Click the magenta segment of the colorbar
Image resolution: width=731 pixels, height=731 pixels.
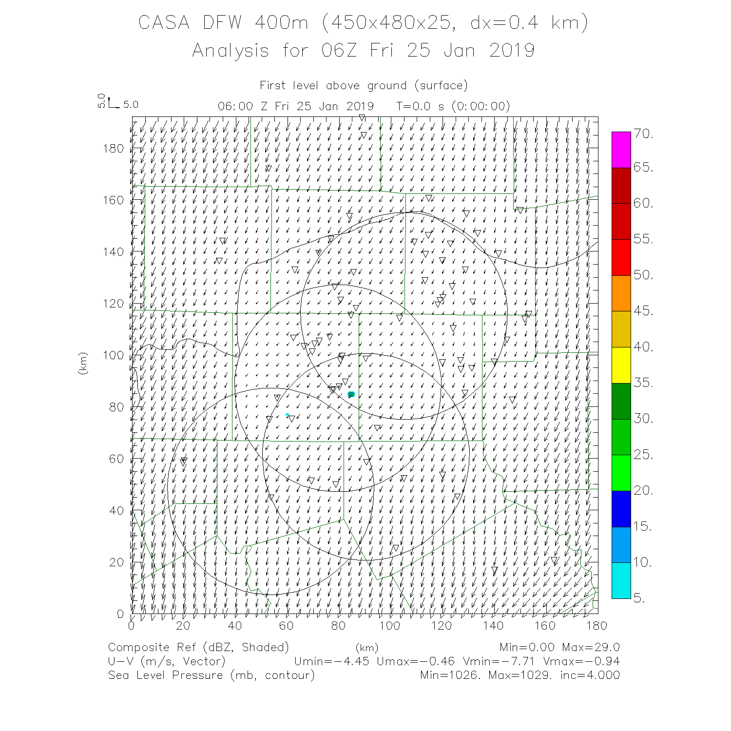(621, 150)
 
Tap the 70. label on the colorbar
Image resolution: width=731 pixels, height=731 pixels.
(643, 135)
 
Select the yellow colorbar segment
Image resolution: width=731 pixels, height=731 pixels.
(621, 365)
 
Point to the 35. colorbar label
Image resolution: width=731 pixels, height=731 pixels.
(643, 383)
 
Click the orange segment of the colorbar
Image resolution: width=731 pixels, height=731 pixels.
(621, 293)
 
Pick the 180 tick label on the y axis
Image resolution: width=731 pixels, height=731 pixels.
(113, 149)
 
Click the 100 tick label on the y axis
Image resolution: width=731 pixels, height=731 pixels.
(113, 355)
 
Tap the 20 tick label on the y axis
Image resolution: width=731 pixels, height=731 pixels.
(116, 562)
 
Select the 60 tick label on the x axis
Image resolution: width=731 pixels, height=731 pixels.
(287, 625)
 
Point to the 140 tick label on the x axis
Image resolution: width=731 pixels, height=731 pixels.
(494, 625)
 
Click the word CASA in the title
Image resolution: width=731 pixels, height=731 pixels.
(164, 23)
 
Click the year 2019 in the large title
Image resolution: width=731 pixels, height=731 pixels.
(512, 50)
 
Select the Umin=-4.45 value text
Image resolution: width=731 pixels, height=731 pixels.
(331, 661)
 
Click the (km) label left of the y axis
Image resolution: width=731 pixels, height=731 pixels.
(82, 363)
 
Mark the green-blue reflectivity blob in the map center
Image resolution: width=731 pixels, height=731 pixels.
(351, 394)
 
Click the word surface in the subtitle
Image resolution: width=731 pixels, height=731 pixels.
(441, 86)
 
